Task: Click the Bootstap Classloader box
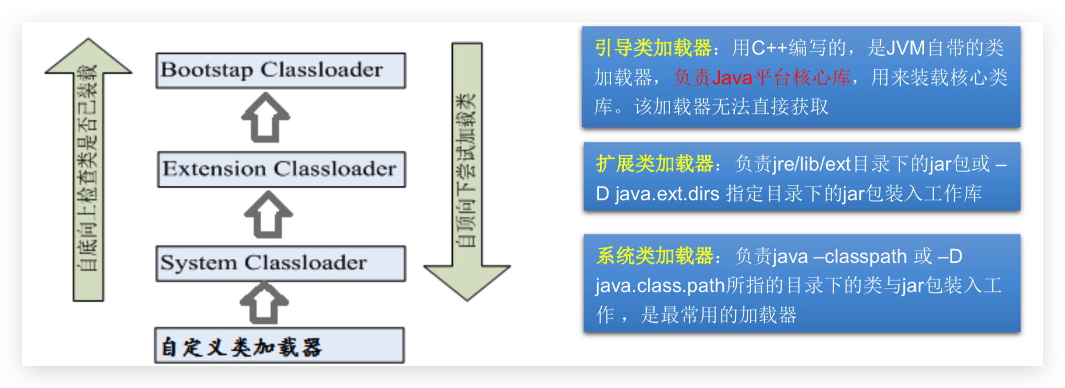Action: click(281, 70)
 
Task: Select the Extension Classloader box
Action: click(281, 169)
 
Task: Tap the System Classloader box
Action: click(281, 263)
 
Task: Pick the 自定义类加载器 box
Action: click(279, 346)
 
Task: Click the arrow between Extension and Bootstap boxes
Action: click(266, 118)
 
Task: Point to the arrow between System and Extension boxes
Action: click(268, 215)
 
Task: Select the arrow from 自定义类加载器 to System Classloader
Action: click(265, 303)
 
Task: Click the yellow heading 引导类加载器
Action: click(653, 48)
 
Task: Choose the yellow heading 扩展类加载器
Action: click(654, 164)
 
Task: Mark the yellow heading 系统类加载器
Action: click(654, 256)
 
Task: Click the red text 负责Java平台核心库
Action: click(762, 77)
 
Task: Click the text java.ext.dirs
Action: click(667, 193)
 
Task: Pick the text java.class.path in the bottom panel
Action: click(660, 286)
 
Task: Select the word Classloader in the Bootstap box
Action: click(321, 70)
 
